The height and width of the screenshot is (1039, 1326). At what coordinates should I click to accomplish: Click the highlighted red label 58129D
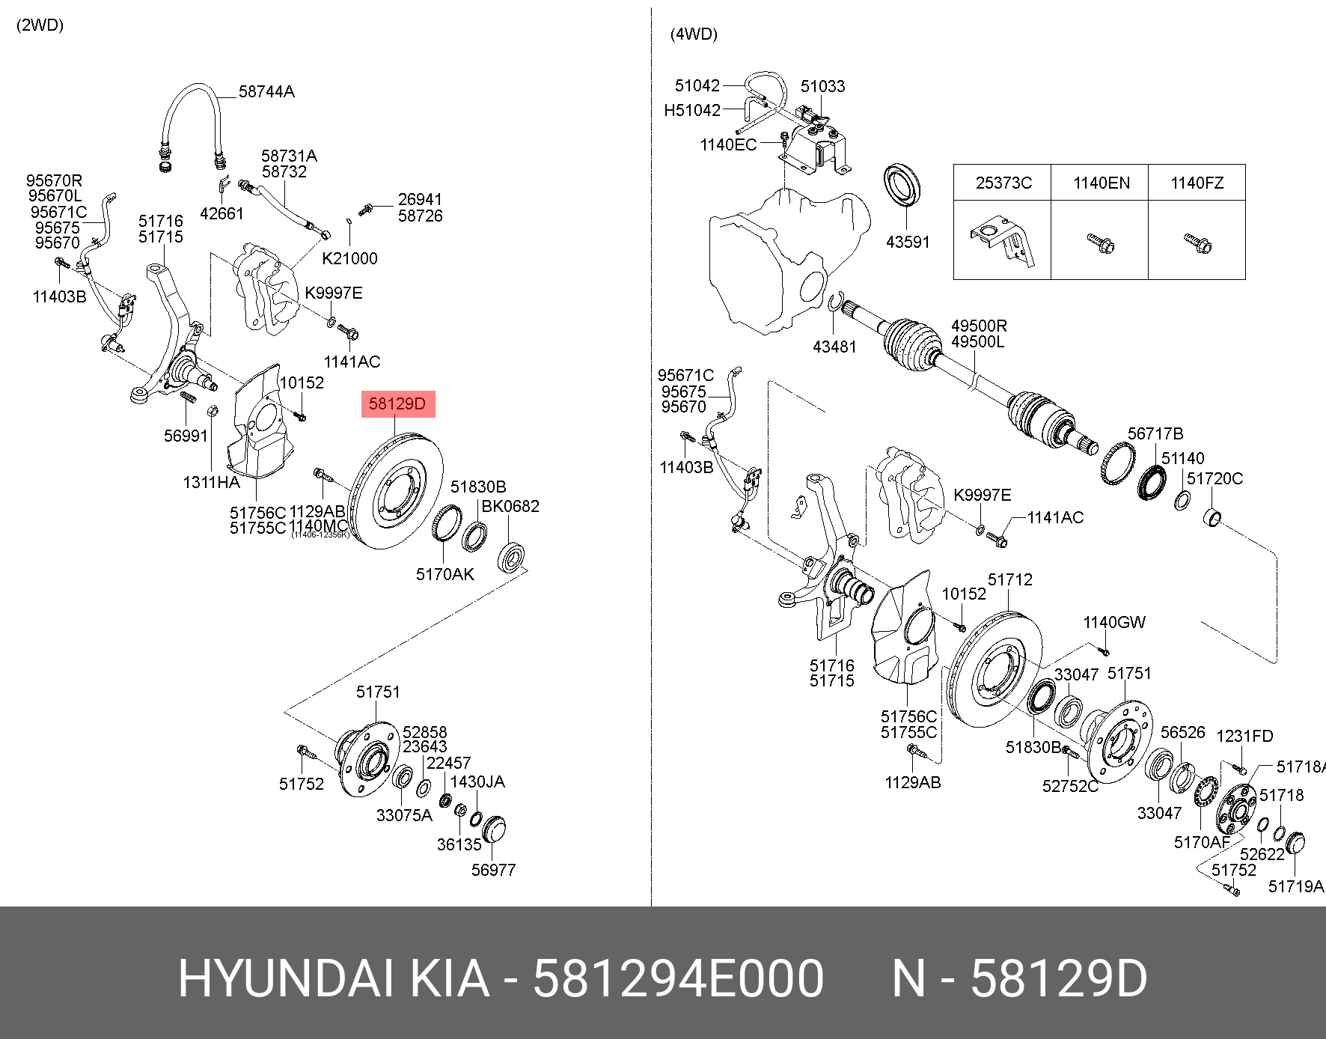pyautogui.click(x=397, y=405)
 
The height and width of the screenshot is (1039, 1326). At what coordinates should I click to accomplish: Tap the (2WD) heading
pyautogui.click(x=40, y=25)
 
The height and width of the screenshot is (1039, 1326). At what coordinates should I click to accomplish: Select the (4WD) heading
pyautogui.click(x=694, y=34)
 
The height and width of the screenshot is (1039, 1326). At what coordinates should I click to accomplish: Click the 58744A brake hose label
pyautogui.click(x=266, y=92)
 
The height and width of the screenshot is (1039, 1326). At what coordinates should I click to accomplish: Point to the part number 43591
pyautogui.click(x=907, y=242)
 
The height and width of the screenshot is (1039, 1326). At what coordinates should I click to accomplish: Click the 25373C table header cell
pyautogui.click(x=1003, y=183)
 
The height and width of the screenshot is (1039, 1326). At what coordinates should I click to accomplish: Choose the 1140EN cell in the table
pyautogui.click(x=1101, y=183)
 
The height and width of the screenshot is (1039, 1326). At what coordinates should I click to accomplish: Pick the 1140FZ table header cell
pyautogui.click(x=1197, y=183)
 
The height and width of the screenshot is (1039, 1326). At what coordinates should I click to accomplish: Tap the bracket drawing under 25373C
pyautogui.click(x=1003, y=243)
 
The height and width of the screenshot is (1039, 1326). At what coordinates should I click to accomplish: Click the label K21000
pyautogui.click(x=349, y=258)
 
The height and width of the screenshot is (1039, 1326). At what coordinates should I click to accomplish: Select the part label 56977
pyautogui.click(x=493, y=870)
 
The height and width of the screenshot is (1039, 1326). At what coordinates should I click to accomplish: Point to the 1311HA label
pyautogui.click(x=211, y=483)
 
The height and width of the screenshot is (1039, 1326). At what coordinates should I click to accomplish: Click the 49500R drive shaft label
pyautogui.click(x=979, y=326)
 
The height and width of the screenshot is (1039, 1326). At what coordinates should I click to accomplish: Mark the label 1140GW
pyautogui.click(x=1113, y=622)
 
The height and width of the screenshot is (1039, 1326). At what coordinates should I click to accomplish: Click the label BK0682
pyautogui.click(x=510, y=507)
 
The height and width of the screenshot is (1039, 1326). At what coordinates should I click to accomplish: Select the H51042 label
pyautogui.click(x=691, y=111)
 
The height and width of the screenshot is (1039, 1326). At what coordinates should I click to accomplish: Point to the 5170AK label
pyautogui.click(x=444, y=574)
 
